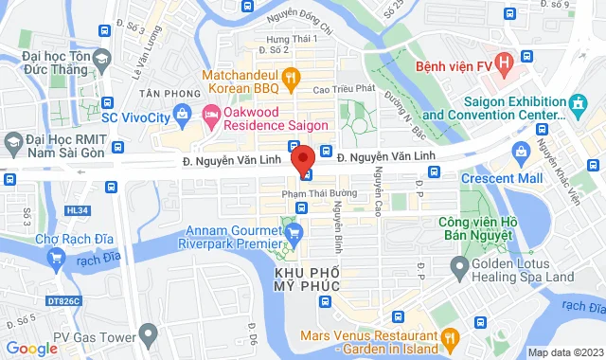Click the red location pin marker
point(303,158)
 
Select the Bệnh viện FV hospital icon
point(504,65)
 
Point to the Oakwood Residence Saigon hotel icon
point(210,116)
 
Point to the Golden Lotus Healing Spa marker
point(458,270)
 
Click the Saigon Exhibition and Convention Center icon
point(576,101)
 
